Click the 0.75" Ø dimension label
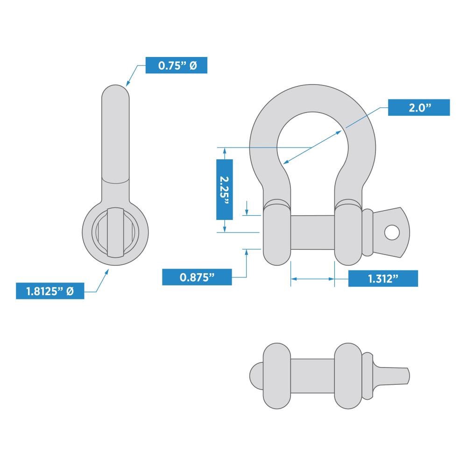coord(176,65)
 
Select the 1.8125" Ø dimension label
coord(50,291)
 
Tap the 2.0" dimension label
coord(419,107)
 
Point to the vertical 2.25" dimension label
coord(224,189)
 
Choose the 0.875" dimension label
coord(197,277)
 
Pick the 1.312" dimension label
coord(382,279)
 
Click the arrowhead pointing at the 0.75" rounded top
coord(127,84)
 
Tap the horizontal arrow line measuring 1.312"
coord(312,279)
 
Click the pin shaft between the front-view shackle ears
coord(312,233)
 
